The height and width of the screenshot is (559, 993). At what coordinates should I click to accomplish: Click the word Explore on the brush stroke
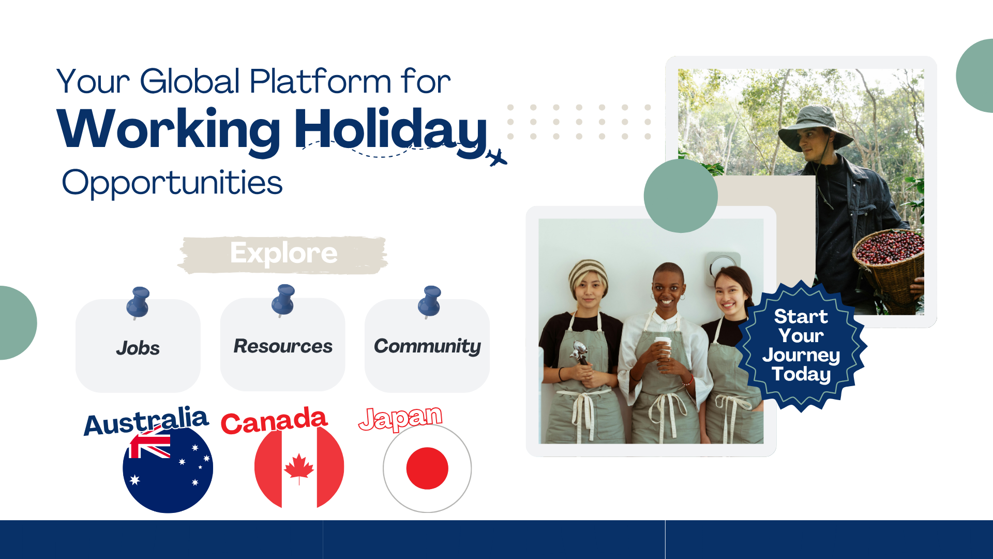point(283,254)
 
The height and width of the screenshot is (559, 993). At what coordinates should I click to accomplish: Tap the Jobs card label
point(138,348)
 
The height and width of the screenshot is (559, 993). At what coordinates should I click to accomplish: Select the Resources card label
point(283,346)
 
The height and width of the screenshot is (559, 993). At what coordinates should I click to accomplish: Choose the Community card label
point(427,346)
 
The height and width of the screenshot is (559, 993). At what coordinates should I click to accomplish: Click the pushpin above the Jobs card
point(138,303)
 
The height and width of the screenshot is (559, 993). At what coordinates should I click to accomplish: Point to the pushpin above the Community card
point(430,301)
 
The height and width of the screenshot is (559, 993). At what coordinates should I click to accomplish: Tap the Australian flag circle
point(168,468)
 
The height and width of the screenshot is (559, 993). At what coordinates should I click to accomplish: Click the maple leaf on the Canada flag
point(299,468)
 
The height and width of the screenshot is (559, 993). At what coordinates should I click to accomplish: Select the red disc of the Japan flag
point(427,468)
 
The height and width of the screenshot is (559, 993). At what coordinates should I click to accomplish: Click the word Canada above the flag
point(274,420)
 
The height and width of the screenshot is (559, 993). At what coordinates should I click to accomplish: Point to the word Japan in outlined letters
point(401,418)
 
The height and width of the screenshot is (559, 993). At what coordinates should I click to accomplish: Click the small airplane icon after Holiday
point(496,158)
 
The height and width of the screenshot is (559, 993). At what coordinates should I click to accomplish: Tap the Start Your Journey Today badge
point(801,345)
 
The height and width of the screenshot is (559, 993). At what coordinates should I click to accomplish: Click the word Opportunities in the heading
point(172,183)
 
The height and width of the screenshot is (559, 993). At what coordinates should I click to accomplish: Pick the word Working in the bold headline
point(169,130)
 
